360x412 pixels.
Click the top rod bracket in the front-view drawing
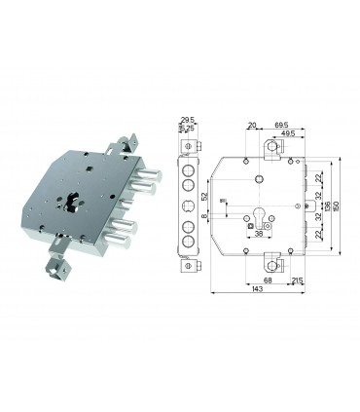point(271,148)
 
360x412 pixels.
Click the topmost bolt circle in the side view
point(188,167)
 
